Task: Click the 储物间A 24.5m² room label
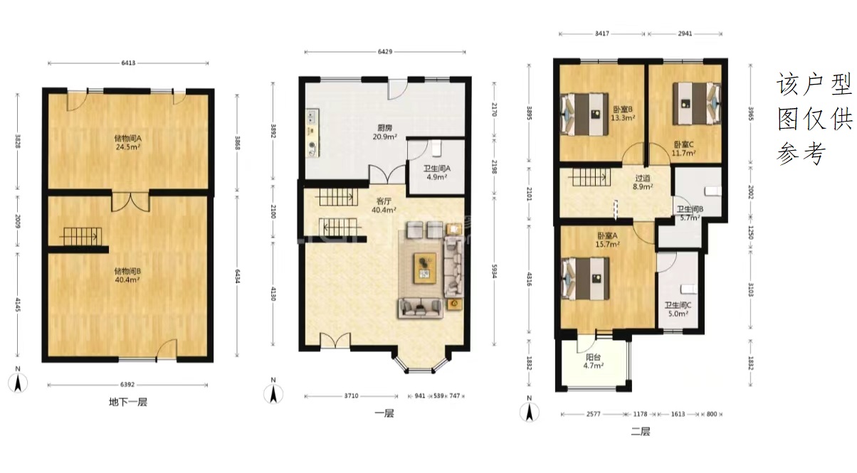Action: pos(128,142)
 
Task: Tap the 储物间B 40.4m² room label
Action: pos(127,275)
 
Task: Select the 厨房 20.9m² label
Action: pos(385,132)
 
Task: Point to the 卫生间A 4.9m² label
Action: pos(437,172)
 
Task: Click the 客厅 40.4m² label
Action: pos(384,206)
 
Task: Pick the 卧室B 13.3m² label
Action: pos(623,114)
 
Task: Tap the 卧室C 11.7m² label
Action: pos(684,149)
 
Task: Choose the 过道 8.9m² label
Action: pos(643,182)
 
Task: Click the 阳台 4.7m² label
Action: pos(594,361)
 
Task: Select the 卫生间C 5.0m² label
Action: pos(678,309)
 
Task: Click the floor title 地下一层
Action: pos(128,402)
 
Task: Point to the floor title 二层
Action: pos(641,432)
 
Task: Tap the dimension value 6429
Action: pos(385,52)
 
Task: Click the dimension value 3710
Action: pos(351,395)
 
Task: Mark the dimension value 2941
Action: pos(685,33)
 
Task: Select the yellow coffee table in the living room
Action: pos(425,268)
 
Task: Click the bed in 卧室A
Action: pos(585,279)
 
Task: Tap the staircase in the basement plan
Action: pos(80,237)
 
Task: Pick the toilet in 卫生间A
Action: pos(436,149)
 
